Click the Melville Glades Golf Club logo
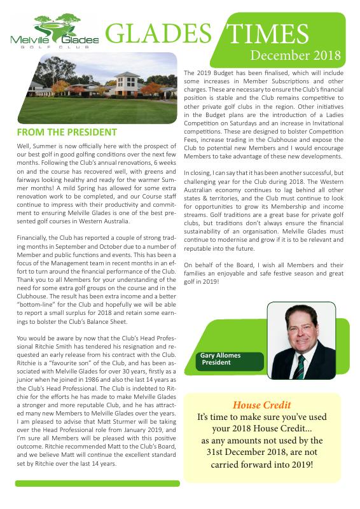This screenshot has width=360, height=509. point(55,31)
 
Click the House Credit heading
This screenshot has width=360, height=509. point(261,405)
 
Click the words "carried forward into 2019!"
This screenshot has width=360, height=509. point(261,464)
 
